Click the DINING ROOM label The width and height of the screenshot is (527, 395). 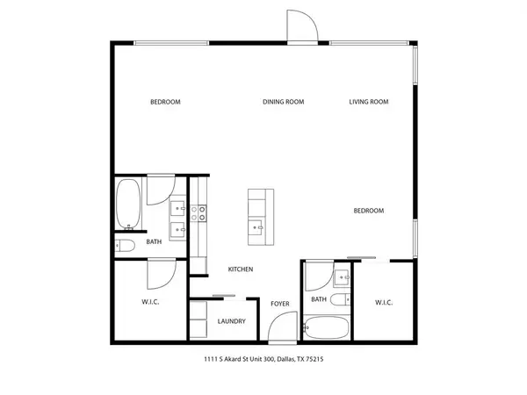[283, 102]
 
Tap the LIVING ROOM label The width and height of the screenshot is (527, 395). [368, 102]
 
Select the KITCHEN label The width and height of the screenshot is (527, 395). [241, 269]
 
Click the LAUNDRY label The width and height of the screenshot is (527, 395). [230, 320]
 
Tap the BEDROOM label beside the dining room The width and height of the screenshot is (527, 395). [165, 102]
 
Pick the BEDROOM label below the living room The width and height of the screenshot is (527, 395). [368, 211]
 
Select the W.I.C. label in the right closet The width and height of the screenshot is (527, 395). [383, 303]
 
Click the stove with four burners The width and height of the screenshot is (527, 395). [199, 211]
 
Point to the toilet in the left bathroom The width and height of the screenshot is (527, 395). [125, 246]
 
